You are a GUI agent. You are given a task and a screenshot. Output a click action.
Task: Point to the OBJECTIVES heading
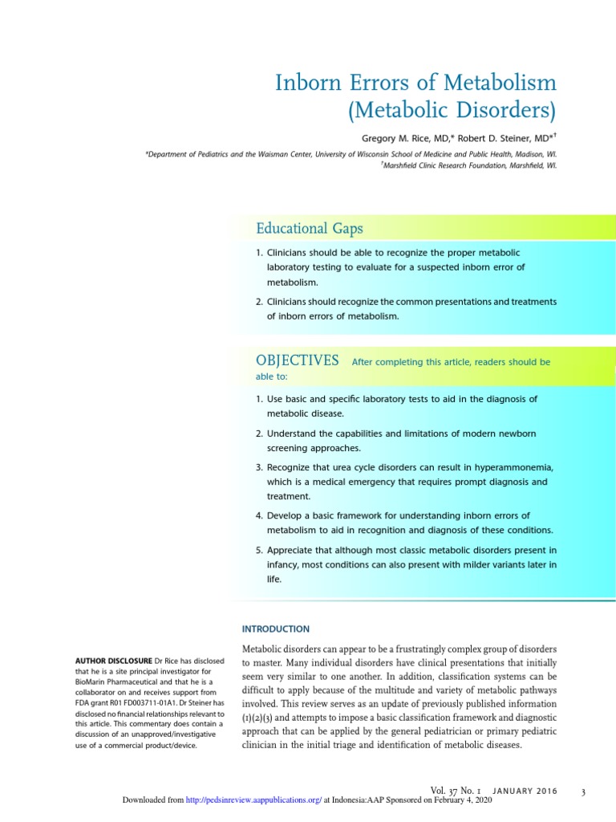297,361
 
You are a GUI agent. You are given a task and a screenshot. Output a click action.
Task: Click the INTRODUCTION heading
275,629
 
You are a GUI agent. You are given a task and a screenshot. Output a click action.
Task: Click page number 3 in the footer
583,793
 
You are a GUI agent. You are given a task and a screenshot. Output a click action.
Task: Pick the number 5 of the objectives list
259,550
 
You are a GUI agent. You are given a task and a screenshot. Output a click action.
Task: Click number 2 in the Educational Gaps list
259,301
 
